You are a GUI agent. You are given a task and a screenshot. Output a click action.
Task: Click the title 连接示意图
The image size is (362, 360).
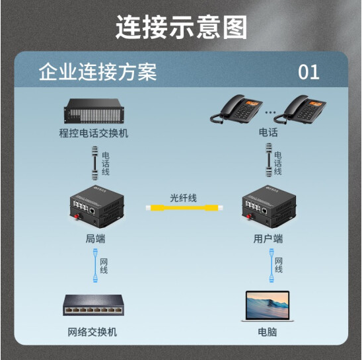click(x=182, y=27)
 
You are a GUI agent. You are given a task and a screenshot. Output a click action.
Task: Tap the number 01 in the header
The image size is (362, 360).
click(x=308, y=72)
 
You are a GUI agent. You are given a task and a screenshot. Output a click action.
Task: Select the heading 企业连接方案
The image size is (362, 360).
click(x=98, y=72)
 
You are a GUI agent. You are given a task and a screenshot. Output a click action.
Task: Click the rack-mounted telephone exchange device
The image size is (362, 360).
click(x=94, y=111)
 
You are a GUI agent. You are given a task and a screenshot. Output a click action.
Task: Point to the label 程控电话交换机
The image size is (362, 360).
click(x=94, y=133)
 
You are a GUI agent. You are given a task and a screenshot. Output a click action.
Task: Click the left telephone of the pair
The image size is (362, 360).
click(x=236, y=109)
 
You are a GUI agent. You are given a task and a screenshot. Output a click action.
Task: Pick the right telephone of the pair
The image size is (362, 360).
click(x=300, y=110)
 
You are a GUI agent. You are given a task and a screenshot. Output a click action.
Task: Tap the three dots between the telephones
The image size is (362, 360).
click(x=270, y=112)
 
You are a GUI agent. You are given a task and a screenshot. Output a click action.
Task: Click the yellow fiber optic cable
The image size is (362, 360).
click(x=184, y=208)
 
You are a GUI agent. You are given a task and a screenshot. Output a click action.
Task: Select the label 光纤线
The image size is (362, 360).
click(x=183, y=198)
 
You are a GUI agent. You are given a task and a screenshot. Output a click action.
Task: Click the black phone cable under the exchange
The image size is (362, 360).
click(x=95, y=163)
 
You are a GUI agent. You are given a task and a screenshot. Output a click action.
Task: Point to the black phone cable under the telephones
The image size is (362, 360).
click(x=269, y=161)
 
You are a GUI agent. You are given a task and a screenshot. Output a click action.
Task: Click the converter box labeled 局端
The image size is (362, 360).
click(x=97, y=206)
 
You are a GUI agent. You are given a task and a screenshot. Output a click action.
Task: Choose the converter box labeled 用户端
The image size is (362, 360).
click(x=270, y=206)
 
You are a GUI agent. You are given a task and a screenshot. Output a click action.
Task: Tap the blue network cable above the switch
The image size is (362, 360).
click(x=95, y=266)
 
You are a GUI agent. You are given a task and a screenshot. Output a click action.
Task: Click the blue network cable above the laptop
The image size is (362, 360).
click(x=271, y=266)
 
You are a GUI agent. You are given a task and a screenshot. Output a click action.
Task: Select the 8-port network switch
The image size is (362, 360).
click(x=94, y=305)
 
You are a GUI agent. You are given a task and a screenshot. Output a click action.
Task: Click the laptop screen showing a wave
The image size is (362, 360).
click(x=268, y=305)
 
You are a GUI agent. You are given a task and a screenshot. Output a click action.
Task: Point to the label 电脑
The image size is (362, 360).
click(x=268, y=332)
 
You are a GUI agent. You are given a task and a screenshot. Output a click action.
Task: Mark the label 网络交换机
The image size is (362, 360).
click(x=92, y=332)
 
